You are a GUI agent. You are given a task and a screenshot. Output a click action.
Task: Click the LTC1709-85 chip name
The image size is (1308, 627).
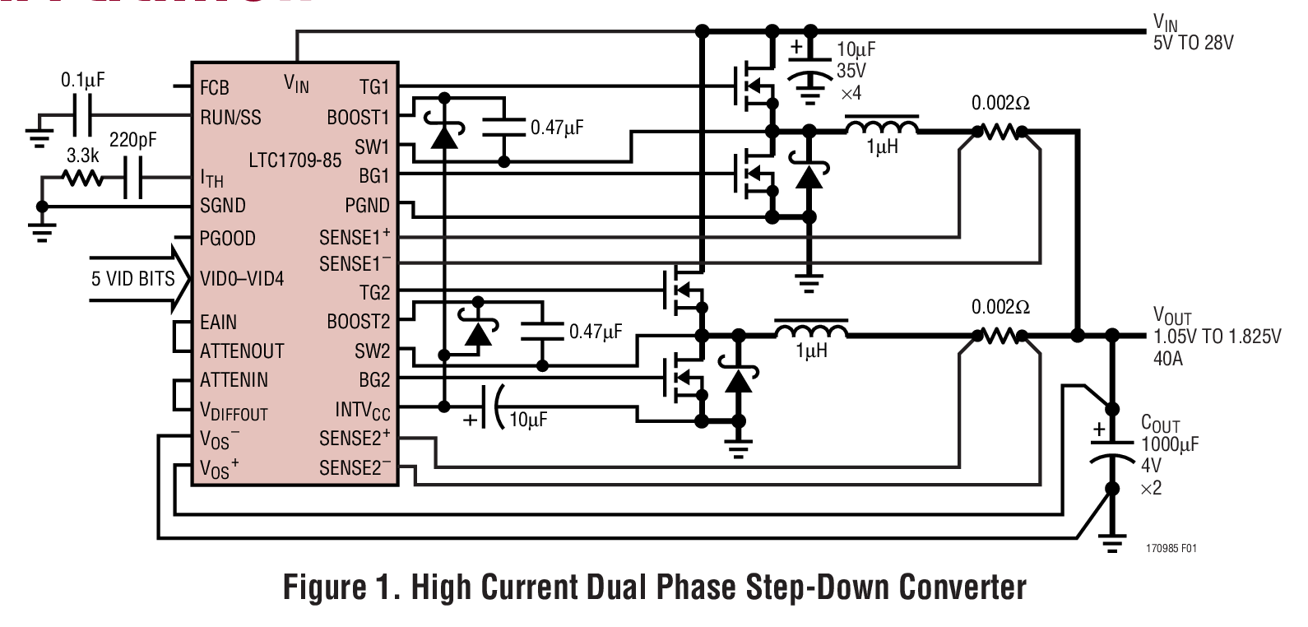click(x=295, y=160)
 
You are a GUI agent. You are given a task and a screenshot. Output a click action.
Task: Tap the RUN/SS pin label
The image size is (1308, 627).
click(x=230, y=117)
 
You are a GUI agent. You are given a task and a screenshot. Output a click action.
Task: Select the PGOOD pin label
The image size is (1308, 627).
click(x=227, y=239)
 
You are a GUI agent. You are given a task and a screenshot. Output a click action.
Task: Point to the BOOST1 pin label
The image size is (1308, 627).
click(x=358, y=117)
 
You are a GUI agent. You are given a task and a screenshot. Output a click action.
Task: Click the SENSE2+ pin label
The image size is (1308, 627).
click(x=355, y=438)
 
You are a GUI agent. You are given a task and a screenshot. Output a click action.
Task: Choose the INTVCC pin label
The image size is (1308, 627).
click(x=362, y=410)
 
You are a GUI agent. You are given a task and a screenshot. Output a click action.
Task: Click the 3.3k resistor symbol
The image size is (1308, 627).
click(x=82, y=178)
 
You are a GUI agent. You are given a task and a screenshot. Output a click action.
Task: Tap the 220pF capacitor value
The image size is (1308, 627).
click(x=132, y=141)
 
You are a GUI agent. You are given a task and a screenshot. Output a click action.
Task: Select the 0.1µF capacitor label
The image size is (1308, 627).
click(x=83, y=81)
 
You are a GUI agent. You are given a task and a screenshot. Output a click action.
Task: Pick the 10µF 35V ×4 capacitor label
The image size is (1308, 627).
click(x=851, y=71)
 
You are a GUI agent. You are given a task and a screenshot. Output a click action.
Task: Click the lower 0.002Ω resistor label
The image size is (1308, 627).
click(x=1000, y=307)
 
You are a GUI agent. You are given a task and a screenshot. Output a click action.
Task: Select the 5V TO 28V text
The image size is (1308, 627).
click(x=1193, y=43)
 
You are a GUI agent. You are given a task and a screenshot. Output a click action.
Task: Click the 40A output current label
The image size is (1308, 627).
click(x=1168, y=359)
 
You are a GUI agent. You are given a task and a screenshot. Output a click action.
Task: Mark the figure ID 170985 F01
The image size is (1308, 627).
click(x=1171, y=548)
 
